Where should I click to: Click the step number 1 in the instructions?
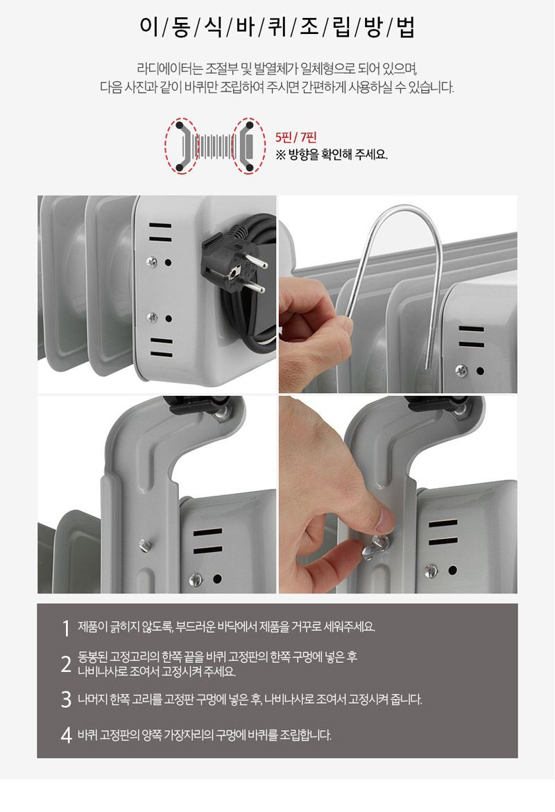(x=66, y=628)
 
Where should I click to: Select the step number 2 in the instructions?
(x=66, y=664)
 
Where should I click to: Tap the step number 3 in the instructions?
(x=66, y=699)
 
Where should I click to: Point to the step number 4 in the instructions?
(x=66, y=735)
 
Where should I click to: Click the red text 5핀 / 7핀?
(x=296, y=137)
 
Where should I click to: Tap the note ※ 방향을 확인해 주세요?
(x=332, y=155)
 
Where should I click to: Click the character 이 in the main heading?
(x=149, y=27)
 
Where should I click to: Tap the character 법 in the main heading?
(x=406, y=27)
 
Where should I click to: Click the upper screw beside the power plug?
(x=151, y=262)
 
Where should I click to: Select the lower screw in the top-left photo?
(x=152, y=317)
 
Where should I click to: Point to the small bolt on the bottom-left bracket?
(x=144, y=544)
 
